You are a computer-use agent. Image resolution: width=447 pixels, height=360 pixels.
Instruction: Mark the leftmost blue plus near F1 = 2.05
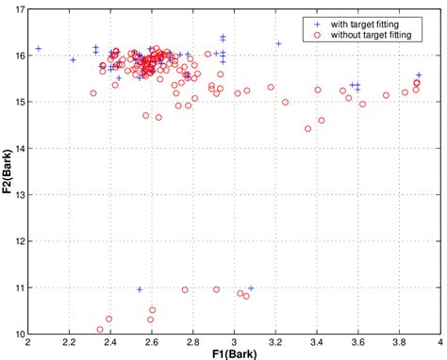pos(39,49)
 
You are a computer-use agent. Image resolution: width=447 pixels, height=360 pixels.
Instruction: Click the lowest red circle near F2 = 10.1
pos(100,330)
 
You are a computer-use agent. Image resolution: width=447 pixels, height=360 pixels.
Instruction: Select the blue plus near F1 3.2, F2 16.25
pos(278,43)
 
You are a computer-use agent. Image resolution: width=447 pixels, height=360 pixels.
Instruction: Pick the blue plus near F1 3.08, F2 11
pos(251,288)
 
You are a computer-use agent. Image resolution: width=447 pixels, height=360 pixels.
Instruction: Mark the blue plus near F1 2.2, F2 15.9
pos(73,60)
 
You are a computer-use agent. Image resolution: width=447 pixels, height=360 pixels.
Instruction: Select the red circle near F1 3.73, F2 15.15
pos(386,95)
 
